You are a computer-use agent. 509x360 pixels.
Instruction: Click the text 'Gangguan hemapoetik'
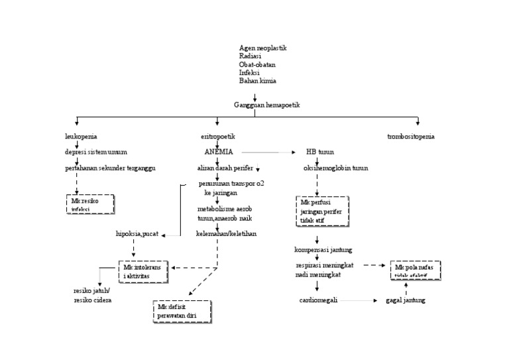(x=267, y=105)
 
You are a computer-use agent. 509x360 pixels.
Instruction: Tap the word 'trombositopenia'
(x=411, y=137)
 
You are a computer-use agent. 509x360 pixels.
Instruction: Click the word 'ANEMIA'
(x=219, y=152)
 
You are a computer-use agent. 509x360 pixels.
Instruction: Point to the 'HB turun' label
(x=319, y=152)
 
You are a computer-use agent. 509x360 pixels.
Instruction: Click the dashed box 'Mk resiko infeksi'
(x=90, y=204)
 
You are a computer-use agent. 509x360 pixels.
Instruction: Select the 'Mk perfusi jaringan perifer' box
(x=322, y=211)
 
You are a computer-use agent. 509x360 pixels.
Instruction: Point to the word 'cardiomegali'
(x=319, y=300)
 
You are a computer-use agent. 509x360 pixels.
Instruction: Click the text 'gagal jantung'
(x=405, y=300)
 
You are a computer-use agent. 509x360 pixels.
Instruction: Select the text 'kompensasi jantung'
(x=323, y=250)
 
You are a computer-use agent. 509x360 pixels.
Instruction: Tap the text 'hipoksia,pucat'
(x=137, y=235)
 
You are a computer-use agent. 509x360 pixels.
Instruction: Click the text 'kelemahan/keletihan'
(x=226, y=233)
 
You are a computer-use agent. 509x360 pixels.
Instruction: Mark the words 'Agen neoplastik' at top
(x=262, y=48)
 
